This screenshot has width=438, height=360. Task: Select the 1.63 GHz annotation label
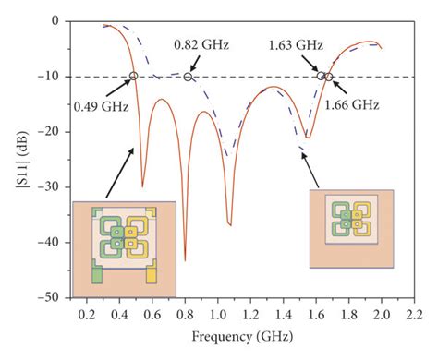pos(295,44)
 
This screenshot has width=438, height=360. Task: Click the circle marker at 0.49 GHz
pos(134,76)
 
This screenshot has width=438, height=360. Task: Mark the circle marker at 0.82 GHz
pos(189,76)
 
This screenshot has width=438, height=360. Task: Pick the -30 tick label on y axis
pos(55,187)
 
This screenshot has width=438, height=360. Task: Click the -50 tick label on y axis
pos(55,298)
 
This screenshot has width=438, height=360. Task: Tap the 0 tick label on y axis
pos(61,20)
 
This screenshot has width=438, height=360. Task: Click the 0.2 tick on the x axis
pos(87,314)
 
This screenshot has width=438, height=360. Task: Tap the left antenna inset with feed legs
pos(122,239)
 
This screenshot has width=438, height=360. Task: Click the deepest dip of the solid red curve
pos(185,260)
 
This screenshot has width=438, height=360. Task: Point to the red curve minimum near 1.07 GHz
pos(230,223)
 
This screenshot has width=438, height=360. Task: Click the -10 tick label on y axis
pos(55,77)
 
